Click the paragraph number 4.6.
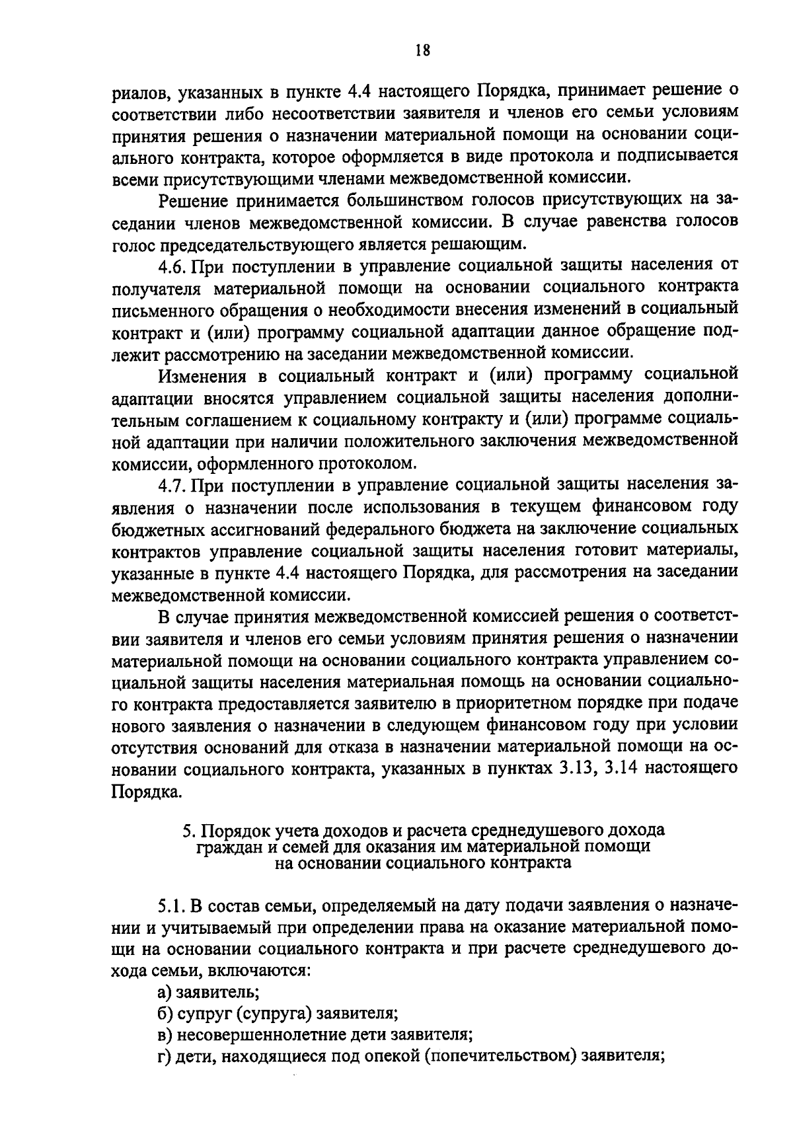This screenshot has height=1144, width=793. coord(172,266)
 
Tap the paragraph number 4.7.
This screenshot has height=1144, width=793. coord(172,485)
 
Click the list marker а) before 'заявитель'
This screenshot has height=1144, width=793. coord(165,991)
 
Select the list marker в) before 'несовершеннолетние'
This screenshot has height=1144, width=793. coord(165,1034)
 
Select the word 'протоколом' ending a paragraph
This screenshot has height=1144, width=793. coord(369,463)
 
